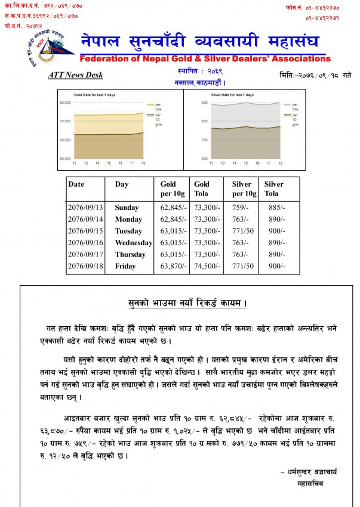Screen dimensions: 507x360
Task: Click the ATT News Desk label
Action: tap(75, 75)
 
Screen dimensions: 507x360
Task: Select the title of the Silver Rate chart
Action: tap(233, 95)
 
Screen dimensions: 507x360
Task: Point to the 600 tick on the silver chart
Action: tap(204, 158)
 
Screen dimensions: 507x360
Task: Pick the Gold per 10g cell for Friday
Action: tap(174, 266)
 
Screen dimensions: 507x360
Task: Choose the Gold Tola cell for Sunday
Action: tap(207, 208)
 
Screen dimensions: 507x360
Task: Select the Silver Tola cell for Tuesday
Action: tap(275, 231)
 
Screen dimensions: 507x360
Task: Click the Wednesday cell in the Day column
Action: tap(134, 243)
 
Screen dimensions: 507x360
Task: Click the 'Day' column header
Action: tap(122, 184)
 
